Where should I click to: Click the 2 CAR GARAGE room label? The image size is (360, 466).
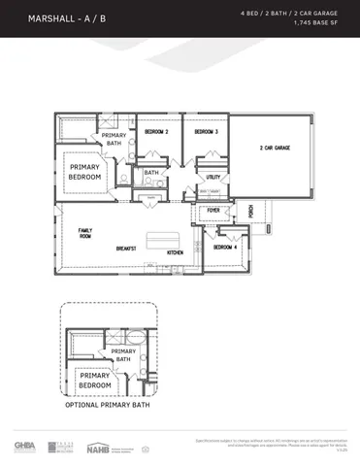(275, 149)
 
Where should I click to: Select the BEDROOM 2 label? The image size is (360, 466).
(156, 131)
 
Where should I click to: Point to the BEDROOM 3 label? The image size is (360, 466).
(205, 131)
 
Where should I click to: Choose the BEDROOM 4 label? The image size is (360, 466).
(225, 247)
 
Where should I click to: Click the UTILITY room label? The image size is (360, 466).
(213, 178)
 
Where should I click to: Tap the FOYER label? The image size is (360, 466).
(213, 210)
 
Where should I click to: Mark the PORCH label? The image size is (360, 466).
(250, 210)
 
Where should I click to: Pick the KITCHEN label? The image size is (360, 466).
(175, 252)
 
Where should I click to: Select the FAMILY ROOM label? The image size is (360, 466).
(85, 233)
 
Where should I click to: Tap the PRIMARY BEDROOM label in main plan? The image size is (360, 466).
(84, 172)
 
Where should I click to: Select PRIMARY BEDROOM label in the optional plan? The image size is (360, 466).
(94, 380)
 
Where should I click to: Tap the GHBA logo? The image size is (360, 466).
(23, 447)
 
